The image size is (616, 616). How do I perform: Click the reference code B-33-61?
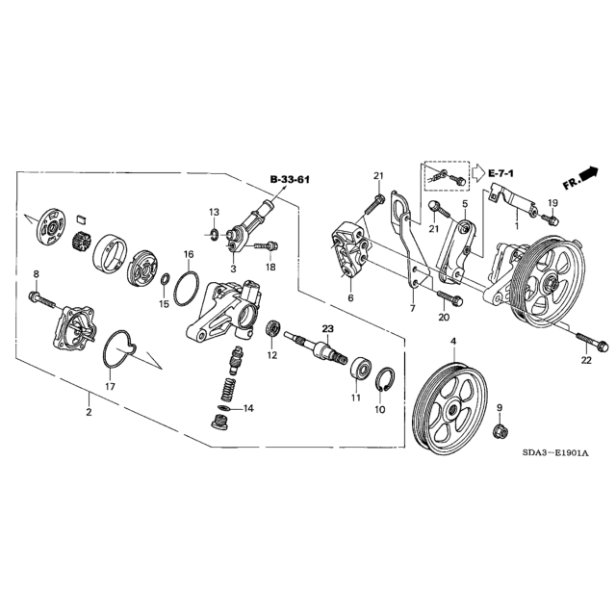click(x=289, y=180)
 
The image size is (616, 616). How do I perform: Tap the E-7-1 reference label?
click(x=500, y=171)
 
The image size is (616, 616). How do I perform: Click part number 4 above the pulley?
click(x=453, y=342)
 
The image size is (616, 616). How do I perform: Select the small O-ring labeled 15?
click(x=166, y=280)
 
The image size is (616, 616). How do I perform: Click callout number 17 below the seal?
click(x=110, y=385)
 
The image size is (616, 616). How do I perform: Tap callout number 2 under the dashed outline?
click(x=89, y=412)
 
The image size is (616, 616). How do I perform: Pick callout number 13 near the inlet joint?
click(x=215, y=211)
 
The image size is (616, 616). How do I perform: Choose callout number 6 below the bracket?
click(x=350, y=298)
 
